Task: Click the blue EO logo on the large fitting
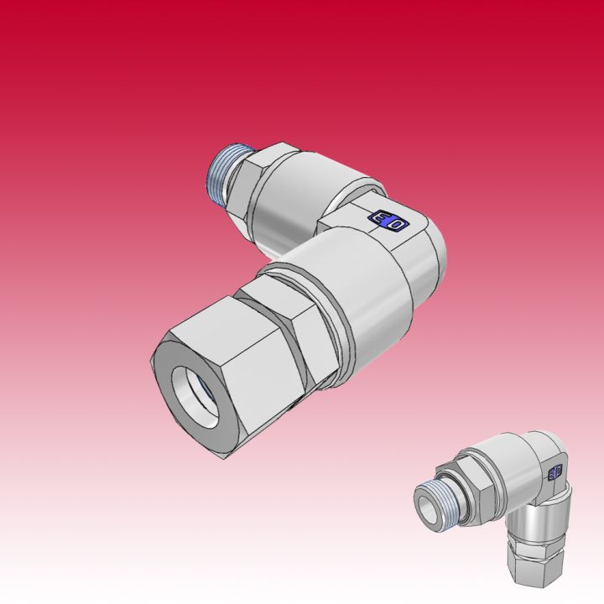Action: pyautogui.click(x=388, y=221)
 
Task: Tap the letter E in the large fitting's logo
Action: pyautogui.click(x=380, y=220)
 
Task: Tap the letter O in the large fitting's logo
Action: pyautogui.click(x=396, y=223)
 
